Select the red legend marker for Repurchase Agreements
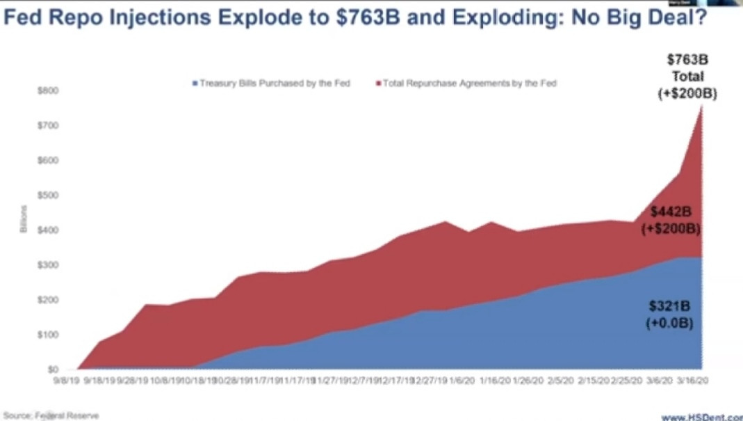click(379, 84)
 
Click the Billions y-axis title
click(24, 219)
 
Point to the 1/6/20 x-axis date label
click(459, 381)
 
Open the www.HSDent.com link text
click(701, 417)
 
